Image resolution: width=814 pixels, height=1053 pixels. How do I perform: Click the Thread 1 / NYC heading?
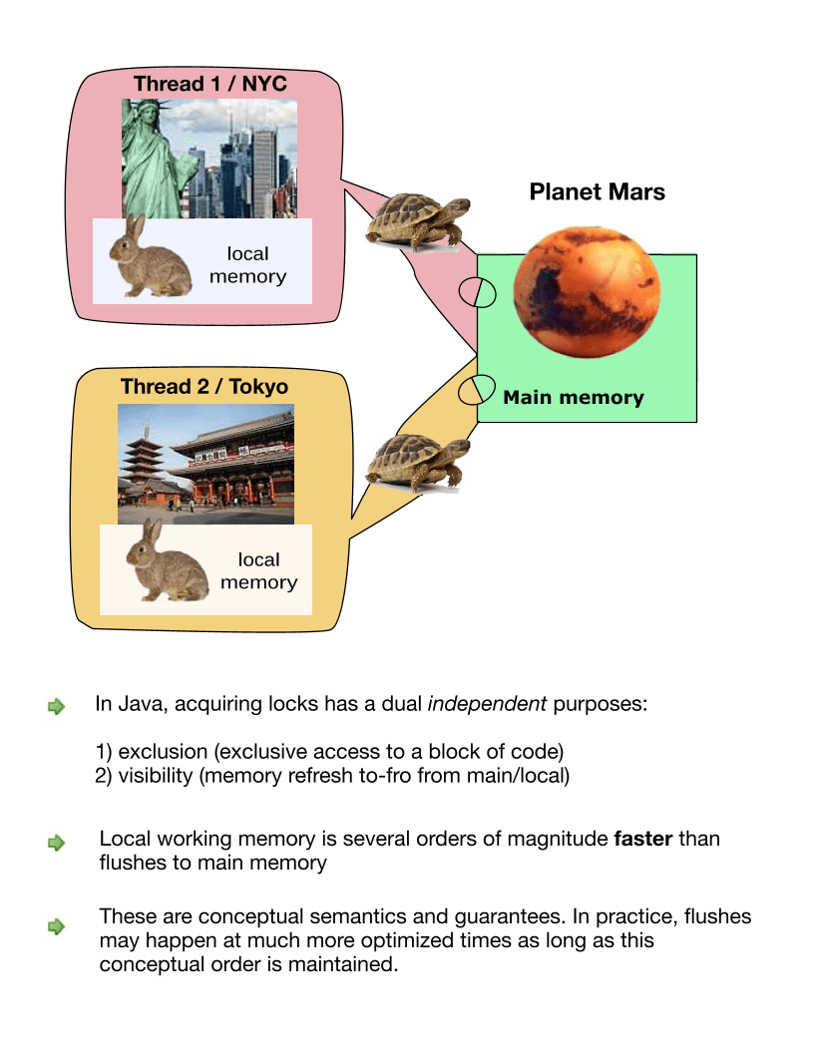click(210, 84)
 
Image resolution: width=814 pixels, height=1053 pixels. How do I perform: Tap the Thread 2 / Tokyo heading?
click(203, 386)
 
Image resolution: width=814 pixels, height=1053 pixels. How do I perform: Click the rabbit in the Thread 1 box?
click(149, 258)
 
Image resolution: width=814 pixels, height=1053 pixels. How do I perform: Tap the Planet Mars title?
click(597, 191)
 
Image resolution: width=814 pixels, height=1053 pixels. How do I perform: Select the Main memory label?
click(574, 398)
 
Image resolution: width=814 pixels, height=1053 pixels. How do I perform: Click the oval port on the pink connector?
click(477, 293)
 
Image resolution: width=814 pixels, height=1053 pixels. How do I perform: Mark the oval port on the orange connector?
click(477, 389)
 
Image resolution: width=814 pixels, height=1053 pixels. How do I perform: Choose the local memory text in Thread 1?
click(247, 266)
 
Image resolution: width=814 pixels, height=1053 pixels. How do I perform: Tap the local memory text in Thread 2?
click(258, 571)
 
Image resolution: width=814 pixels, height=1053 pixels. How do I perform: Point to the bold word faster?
click(643, 839)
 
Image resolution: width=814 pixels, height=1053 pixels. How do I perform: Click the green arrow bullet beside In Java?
click(56, 707)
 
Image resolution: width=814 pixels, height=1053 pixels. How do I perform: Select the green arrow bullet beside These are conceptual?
click(56, 926)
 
